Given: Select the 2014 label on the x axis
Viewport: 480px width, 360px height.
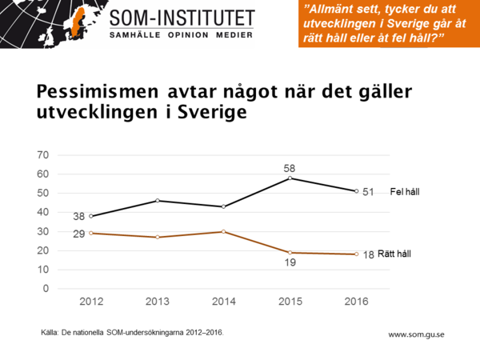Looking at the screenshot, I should click(x=224, y=302).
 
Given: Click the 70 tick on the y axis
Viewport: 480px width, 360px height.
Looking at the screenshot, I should click(x=44, y=155).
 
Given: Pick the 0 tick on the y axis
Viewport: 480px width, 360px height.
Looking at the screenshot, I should click(x=47, y=289).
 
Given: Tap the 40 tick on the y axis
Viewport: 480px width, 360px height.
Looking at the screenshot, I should click(x=44, y=213).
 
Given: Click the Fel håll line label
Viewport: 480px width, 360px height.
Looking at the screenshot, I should click(x=405, y=192).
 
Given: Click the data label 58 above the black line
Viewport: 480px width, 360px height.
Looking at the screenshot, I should click(x=291, y=168).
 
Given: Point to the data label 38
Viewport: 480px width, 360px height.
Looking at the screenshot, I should click(x=78, y=216).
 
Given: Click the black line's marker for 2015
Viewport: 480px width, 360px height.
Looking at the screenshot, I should click(x=291, y=178).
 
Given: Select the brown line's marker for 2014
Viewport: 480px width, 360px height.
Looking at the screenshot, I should click(x=224, y=231).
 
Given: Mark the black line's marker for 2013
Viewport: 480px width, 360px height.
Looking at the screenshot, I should click(x=157, y=200).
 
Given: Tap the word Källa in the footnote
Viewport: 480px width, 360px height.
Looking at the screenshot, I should click(x=50, y=330).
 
